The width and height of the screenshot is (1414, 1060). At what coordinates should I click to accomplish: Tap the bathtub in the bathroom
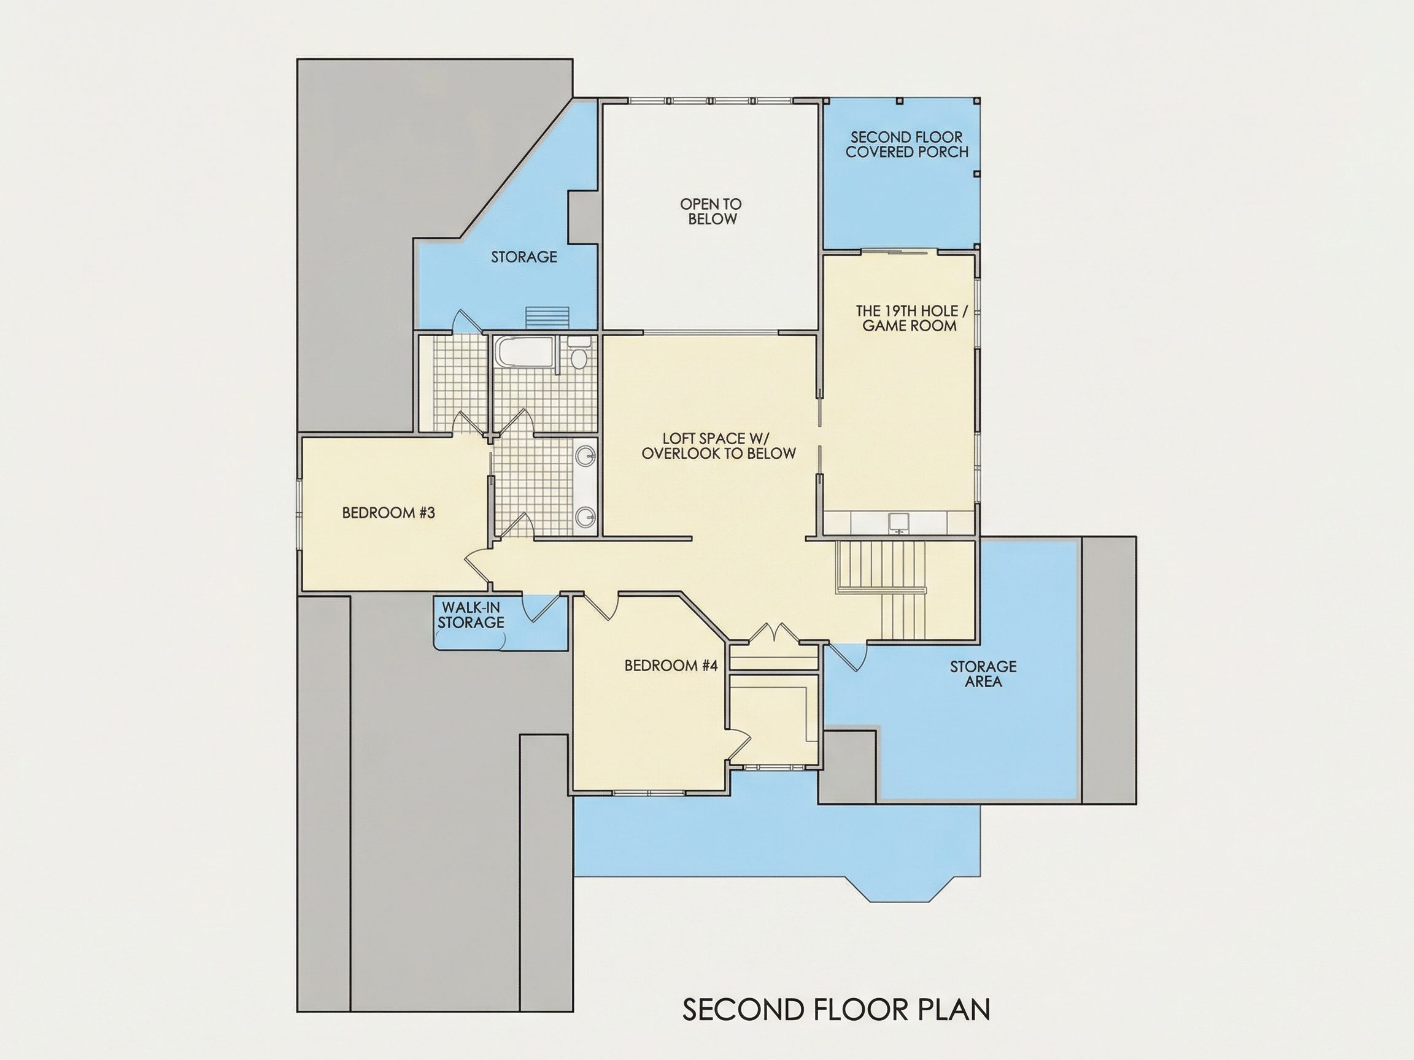tap(525, 353)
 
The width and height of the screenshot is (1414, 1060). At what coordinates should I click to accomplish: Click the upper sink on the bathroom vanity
tap(585, 456)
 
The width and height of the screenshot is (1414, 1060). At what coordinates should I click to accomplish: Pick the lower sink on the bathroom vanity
tap(585, 517)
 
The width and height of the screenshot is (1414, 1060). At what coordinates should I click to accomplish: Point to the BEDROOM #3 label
tap(388, 512)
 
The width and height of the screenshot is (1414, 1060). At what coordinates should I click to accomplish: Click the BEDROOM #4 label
tap(671, 666)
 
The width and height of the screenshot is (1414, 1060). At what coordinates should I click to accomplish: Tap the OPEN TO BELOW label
tap(711, 212)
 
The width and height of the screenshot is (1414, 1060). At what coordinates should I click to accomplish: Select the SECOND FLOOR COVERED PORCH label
tap(907, 144)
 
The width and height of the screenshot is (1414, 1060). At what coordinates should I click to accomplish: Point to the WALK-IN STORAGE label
tap(471, 615)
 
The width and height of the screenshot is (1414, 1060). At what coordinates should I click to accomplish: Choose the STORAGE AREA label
tap(983, 674)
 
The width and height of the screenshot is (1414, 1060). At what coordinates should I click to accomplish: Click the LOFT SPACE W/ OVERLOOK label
tap(719, 446)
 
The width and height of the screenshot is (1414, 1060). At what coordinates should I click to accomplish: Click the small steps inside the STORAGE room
tap(547, 318)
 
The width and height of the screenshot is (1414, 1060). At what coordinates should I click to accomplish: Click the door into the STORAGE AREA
tap(847, 656)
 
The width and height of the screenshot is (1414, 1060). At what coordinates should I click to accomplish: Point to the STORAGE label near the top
tap(524, 257)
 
